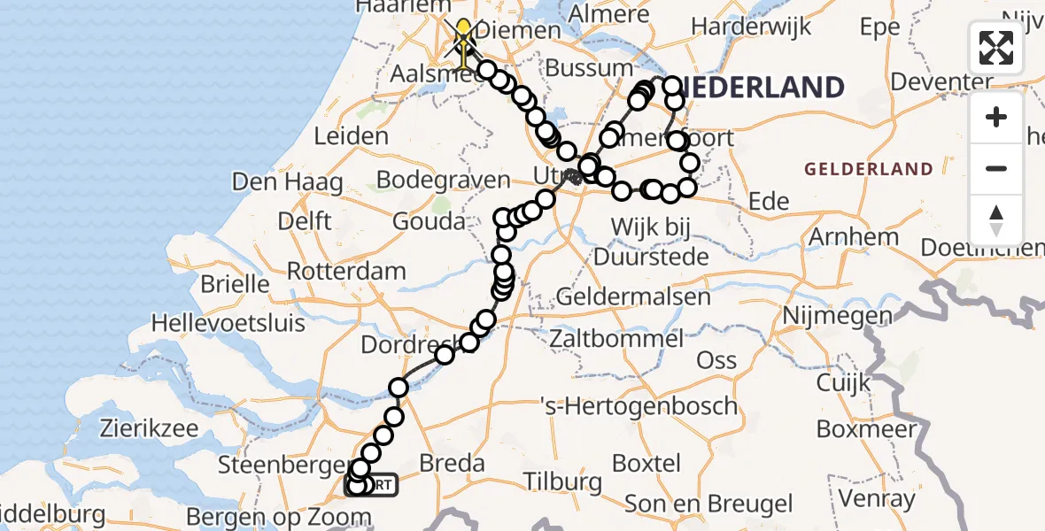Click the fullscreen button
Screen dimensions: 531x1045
point(996,47)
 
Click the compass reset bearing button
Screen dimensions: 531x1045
point(996,220)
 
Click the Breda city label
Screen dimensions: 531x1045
point(452,464)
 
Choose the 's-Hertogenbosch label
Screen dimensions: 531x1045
point(639,406)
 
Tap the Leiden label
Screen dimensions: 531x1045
point(352,136)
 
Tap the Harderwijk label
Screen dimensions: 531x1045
point(751,27)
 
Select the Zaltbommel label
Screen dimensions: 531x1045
point(615,338)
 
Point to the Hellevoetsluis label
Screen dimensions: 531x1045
point(228,323)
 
